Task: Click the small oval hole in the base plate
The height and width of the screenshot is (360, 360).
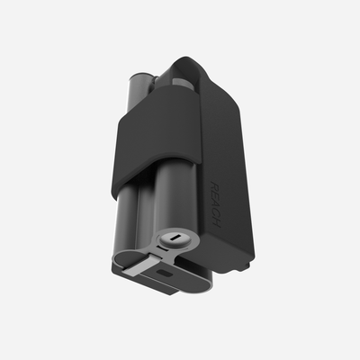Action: [x=164, y=269]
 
